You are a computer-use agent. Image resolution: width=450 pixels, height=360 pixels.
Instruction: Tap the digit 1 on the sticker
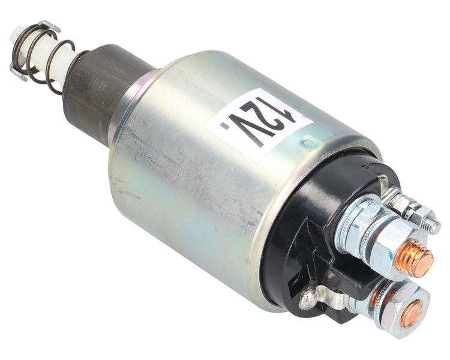tap(289, 114)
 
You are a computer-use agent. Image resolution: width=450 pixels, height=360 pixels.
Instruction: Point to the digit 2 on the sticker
tap(265, 122)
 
